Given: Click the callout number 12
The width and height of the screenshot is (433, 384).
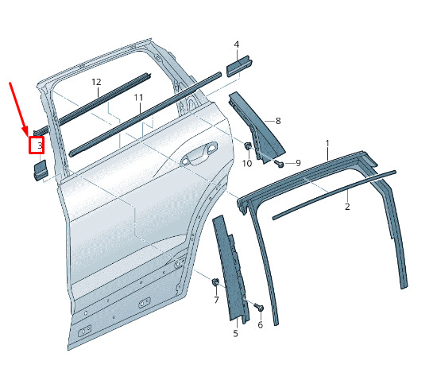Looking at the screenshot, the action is click(x=96, y=82).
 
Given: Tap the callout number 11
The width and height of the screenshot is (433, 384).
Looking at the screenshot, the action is click(x=138, y=98).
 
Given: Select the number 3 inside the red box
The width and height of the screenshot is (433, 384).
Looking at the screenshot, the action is click(x=40, y=145).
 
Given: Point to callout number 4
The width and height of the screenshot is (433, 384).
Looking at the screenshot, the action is click(x=237, y=45).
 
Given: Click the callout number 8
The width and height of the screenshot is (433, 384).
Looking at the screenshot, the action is click(x=278, y=121).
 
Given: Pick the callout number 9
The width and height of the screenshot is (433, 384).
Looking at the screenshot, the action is click(x=298, y=163).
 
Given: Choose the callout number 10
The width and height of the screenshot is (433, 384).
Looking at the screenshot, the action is click(x=247, y=164).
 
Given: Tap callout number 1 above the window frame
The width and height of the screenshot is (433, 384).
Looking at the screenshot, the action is click(x=327, y=144).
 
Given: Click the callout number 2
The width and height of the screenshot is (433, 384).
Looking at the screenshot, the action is click(x=347, y=207).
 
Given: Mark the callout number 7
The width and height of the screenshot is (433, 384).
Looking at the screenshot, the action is click(x=216, y=300).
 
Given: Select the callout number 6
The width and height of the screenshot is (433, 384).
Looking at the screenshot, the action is click(x=261, y=325).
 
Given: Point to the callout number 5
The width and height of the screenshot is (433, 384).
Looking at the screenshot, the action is click(x=235, y=333).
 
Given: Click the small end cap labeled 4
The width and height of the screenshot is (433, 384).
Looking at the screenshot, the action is click(x=239, y=66).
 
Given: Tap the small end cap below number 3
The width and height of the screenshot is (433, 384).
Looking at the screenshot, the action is click(x=41, y=170).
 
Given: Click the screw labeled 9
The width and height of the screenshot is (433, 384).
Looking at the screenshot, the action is click(x=279, y=164).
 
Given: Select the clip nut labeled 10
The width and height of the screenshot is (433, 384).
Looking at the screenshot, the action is click(x=247, y=145).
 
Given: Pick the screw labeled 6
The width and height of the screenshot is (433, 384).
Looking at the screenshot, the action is click(x=259, y=307).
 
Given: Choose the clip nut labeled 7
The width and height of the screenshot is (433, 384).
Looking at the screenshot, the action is click(x=215, y=282).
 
